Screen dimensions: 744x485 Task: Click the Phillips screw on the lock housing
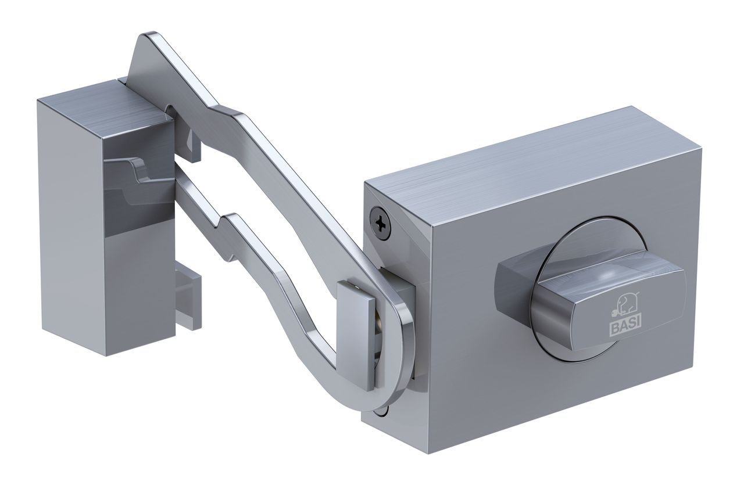(x=381, y=222)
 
